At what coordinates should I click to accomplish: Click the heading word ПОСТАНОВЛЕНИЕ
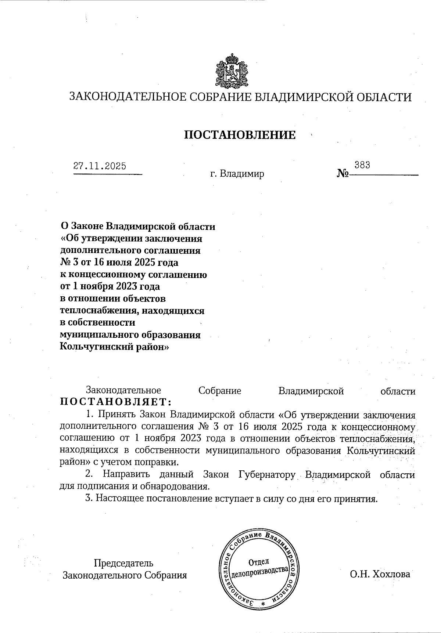coord(240,135)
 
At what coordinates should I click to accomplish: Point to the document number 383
coord(362,165)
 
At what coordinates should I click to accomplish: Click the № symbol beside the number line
coord(343,173)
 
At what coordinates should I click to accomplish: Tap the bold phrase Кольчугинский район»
coord(114,347)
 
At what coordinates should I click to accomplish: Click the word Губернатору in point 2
coord(267,474)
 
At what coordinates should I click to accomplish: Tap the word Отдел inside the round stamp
coord(259,562)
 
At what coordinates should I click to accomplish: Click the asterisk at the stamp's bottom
coord(262,604)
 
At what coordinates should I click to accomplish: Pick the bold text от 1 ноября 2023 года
coord(110,286)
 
